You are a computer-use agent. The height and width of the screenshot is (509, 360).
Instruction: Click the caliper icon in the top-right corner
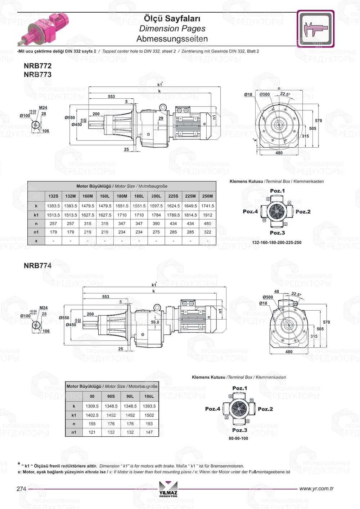[315, 29]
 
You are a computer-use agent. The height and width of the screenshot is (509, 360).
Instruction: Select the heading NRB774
[37, 266]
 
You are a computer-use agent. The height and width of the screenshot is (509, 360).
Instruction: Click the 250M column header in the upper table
[207, 196]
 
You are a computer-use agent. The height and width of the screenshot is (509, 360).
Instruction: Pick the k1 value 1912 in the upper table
[207, 215]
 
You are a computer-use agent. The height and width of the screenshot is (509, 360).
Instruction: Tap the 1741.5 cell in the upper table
[207, 206]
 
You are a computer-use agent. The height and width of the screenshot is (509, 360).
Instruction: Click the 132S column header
[53, 196]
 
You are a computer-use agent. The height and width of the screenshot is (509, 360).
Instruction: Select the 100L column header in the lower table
[149, 396]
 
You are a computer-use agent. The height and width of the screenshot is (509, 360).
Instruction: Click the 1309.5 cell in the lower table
[92, 406]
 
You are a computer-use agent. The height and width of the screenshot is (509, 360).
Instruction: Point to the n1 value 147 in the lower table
[149, 432]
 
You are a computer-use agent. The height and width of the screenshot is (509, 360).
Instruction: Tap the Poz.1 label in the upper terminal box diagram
[277, 191]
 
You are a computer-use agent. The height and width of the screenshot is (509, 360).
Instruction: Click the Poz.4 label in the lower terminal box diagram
[212, 409]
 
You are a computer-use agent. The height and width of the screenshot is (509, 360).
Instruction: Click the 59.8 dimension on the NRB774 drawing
[155, 322]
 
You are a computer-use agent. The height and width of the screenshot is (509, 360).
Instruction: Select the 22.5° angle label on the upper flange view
[285, 94]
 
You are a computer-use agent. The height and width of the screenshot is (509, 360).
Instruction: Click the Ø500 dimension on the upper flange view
[265, 94]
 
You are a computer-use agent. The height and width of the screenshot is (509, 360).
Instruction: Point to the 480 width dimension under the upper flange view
[279, 153]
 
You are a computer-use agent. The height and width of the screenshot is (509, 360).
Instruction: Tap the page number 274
[21, 489]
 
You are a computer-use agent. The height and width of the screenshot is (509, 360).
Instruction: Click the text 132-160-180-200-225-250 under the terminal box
[276, 243]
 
